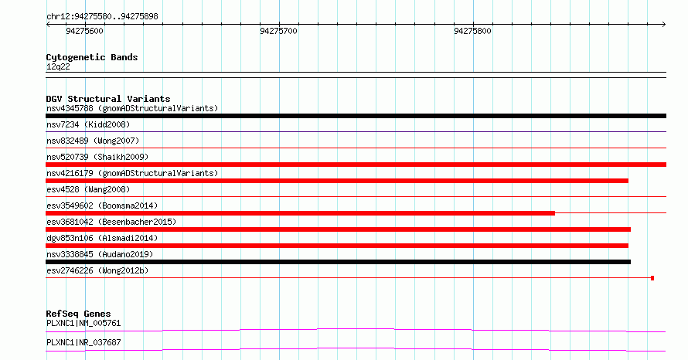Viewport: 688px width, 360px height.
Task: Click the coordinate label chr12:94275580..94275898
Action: tap(102, 17)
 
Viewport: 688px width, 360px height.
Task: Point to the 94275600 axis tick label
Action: tap(85, 31)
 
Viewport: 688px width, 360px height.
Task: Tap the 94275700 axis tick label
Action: tap(278, 31)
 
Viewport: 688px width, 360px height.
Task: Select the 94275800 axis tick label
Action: tap(472, 31)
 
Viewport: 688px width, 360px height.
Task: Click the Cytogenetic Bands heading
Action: tap(92, 57)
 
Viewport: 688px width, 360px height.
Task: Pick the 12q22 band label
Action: tap(58, 66)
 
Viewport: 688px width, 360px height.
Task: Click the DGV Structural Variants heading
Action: tap(108, 99)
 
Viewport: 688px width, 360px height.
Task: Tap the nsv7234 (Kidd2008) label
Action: tap(88, 124)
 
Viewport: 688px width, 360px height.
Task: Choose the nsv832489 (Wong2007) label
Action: tap(93, 141)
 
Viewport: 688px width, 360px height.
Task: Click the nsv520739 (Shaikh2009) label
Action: tap(97, 157)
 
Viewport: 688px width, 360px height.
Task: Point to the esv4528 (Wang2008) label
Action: tap(88, 189)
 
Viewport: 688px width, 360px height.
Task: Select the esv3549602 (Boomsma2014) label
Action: tap(102, 205)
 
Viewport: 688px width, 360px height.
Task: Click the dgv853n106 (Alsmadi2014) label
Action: tap(102, 238)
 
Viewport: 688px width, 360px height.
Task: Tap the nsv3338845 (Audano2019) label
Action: tap(100, 254)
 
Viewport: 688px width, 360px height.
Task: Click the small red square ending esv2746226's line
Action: tap(652, 278)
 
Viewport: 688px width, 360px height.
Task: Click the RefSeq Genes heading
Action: tap(79, 314)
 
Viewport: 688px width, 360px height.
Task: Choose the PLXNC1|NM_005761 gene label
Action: tap(83, 323)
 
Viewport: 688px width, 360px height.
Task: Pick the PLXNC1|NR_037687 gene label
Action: tap(83, 342)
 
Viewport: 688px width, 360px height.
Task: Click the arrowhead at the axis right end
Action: tap(664, 25)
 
